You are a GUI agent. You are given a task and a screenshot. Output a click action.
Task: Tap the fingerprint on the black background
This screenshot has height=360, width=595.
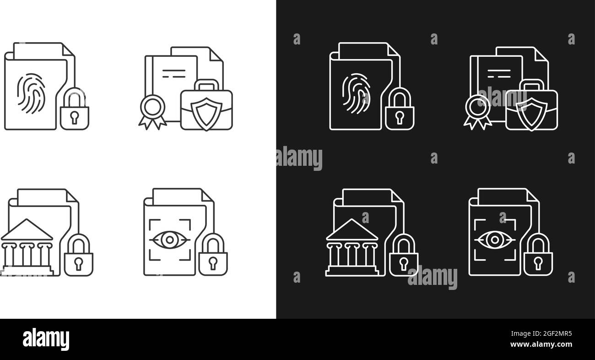(355, 94)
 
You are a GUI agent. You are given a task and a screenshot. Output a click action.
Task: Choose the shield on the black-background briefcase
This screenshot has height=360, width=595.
(531, 112)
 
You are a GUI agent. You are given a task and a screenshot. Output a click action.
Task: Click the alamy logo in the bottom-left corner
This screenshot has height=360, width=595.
(46, 339)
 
